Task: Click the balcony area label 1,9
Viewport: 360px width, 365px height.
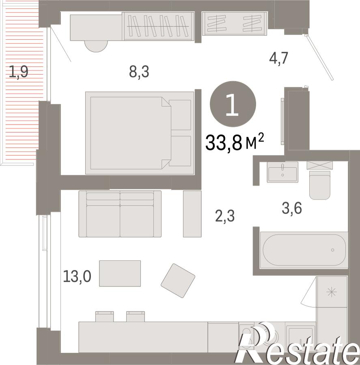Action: pyautogui.click(x=19, y=71)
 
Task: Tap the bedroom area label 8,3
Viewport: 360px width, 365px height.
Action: pyautogui.click(x=139, y=71)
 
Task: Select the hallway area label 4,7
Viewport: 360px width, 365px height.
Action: pyautogui.click(x=279, y=58)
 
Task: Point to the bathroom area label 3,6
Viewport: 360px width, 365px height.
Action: pyautogui.click(x=292, y=208)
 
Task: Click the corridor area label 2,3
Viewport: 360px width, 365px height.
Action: pyautogui.click(x=225, y=216)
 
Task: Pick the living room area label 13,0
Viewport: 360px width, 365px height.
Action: pyautogui.click(x=77, y=277)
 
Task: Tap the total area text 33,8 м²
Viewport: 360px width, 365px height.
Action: pyautogui.click(x=235, y=142)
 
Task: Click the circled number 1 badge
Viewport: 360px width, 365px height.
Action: pyautogui.click(x=233, y=104)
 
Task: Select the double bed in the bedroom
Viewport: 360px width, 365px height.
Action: pyautogui.click(x=140, y=133)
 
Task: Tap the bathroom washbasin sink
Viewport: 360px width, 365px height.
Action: pyautogui.click(x=282, y=172)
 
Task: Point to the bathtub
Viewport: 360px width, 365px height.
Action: pyautogui.click(x=304, y=250)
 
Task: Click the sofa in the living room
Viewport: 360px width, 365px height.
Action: pyautogui.click(x=120, y=214)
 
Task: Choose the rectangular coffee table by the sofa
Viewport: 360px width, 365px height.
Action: pyautogui.click(x=120, y=273)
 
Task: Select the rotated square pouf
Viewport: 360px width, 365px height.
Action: pyautogui.click(x=178, y=281)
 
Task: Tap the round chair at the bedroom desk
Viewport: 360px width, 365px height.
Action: pyautogui.click(x=96, y=46)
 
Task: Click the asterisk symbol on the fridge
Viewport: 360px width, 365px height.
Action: pyautogui.click(x=332, y=292)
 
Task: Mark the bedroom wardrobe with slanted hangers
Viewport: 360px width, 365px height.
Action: pyautogui.click(x=159, y=26)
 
